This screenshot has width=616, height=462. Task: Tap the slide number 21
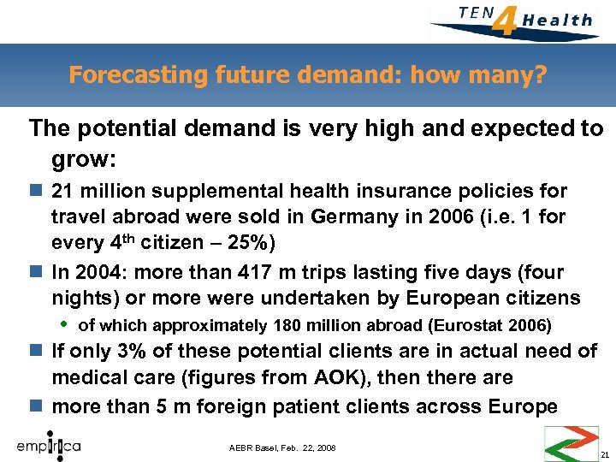604,454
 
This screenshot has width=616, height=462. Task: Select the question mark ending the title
540,75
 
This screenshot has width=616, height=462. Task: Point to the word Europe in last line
527,406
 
